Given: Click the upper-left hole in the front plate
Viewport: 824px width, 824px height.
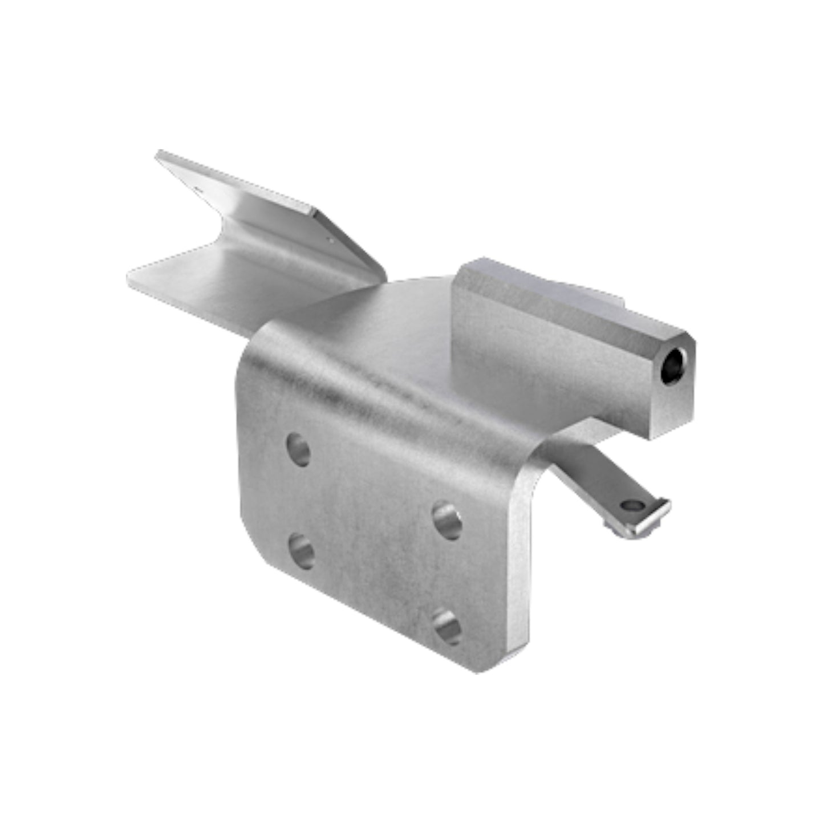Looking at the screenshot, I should (x=298, y=449).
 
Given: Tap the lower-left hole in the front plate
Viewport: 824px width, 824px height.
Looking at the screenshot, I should (x=301, y=551).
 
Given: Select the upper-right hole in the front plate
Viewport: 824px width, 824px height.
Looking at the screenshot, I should (x=447, y=520).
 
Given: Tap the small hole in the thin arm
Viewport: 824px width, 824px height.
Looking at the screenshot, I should (x=631, y=505).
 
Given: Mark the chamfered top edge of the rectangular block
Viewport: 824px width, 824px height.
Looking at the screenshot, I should (x=570, y=297).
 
